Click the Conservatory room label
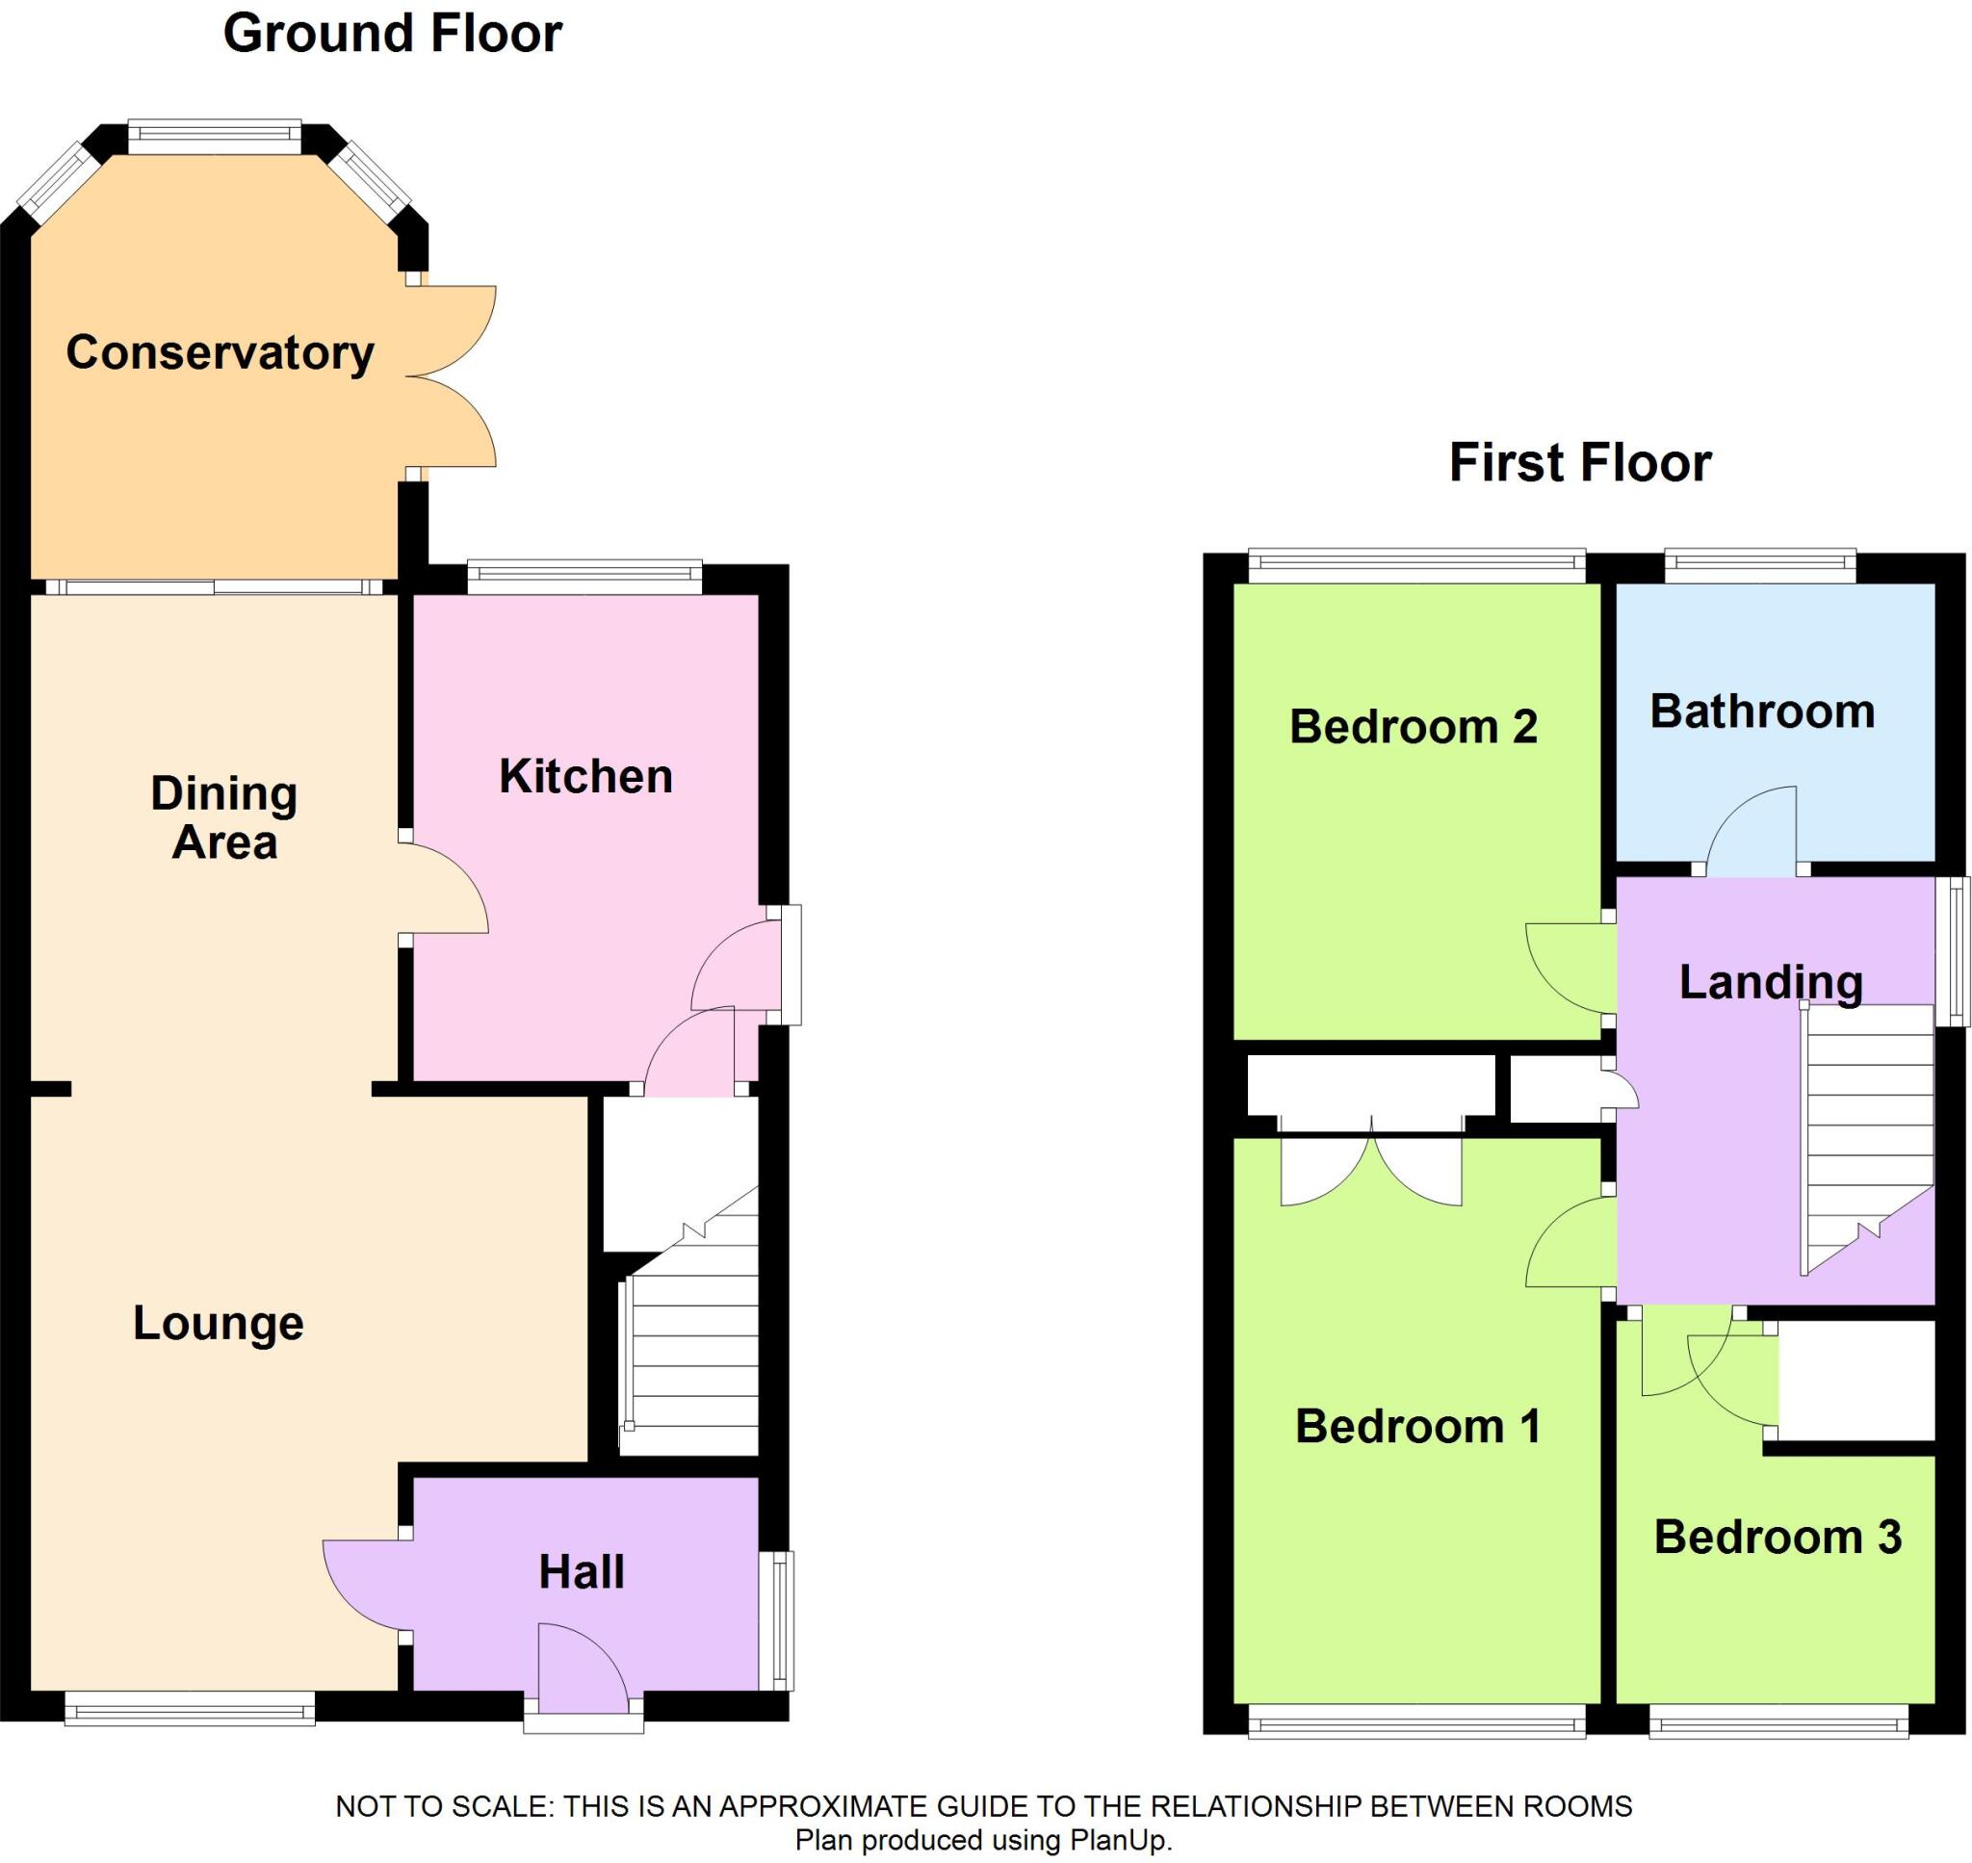click(220, 352)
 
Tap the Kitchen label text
click(584, 777)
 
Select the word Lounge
click(218, 1324)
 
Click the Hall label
click(581, 1572)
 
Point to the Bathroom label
click(1761, 712)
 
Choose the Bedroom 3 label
click(1777, 1538)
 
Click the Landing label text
click(1771, 982)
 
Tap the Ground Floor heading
click(392, 34)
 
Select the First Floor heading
click(1580, 463)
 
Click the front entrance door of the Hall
click(581, 1669)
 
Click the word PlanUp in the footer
click(1118, 1840)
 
